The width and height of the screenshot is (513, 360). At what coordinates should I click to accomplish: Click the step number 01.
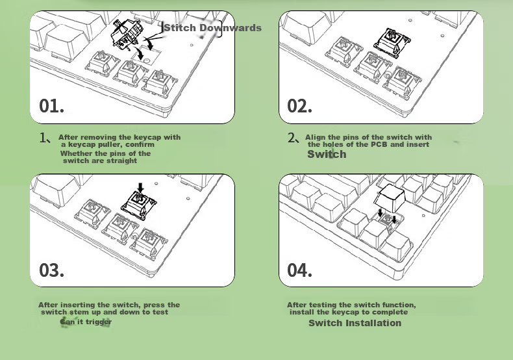click(x=51, y=106)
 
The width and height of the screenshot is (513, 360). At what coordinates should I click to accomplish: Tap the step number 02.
click(x=299, y=106)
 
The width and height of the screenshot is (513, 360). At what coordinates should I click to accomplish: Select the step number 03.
click(x=51, y=270)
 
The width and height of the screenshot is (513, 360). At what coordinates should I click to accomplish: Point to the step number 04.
click(x=299, y=270)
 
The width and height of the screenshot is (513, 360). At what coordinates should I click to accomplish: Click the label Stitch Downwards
click(x=212, y=28)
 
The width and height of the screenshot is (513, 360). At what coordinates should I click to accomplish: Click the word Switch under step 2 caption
click(x=327, y=154)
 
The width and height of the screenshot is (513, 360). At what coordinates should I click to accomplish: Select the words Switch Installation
click(x=355, y=323)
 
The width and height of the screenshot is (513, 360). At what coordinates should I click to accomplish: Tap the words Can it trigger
click(x=86, y=322)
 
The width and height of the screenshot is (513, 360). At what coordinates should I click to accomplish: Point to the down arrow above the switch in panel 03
click(x=140, y=188)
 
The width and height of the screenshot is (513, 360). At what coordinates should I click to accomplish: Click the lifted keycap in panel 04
click(x=390, y=198)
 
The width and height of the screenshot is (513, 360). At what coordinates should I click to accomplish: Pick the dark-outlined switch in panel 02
click(x=392, y=42)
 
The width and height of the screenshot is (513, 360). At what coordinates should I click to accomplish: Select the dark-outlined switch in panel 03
click(x=139, y=205)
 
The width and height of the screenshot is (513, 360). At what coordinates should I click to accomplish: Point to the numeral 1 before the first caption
click(x=42, y=138)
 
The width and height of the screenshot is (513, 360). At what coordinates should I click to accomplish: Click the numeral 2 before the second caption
click(x=291, y=138)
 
